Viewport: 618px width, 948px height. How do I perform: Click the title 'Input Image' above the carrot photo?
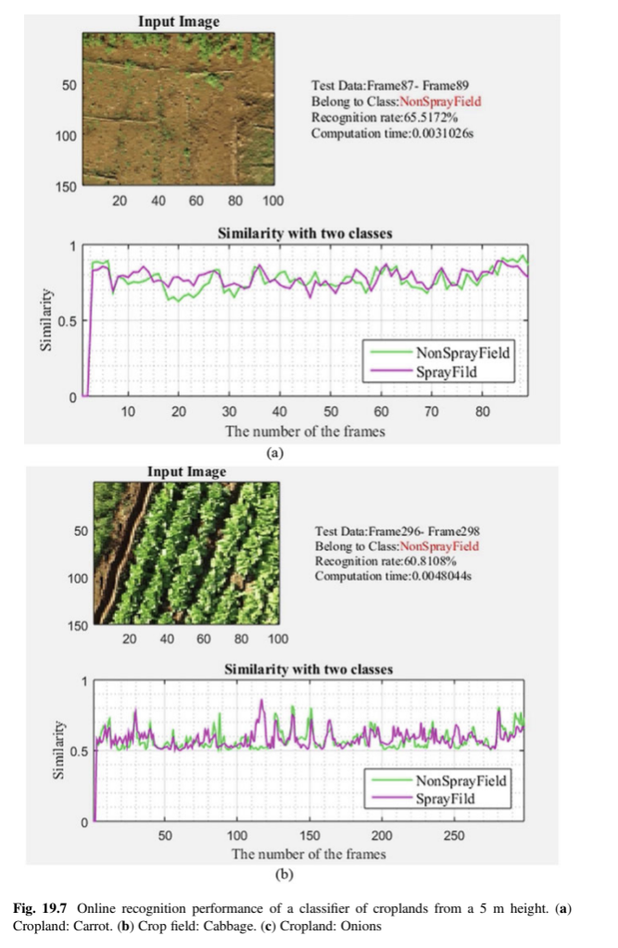(x=180, y=21)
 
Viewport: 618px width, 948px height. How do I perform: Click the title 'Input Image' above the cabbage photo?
(x=186, y=472)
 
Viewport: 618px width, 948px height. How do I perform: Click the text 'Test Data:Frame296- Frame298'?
(x=397, y=530)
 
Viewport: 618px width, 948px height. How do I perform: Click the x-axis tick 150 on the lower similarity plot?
(x=309, y=836)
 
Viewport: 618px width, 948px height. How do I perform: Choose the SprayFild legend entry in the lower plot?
(x=448, y=798)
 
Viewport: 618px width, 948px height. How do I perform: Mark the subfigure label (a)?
(x=273, y=454)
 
